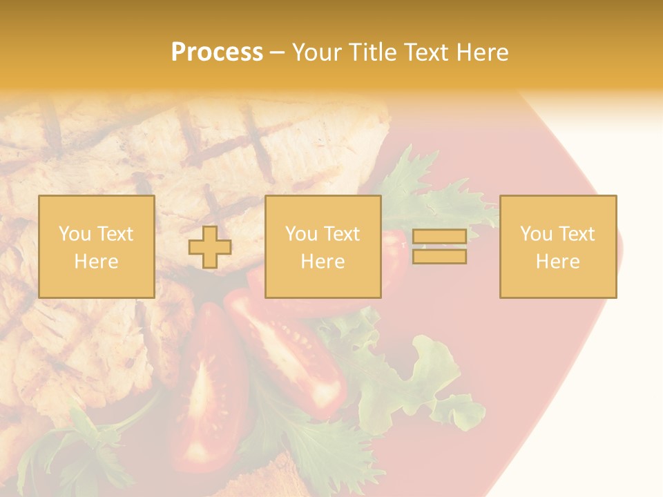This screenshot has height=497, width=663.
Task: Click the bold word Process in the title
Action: tap(217, 52)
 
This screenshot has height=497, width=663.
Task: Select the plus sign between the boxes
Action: tap(210, 247)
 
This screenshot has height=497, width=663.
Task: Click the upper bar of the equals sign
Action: tap(439, 237)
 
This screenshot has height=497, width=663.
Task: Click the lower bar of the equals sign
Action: tap(439, 257)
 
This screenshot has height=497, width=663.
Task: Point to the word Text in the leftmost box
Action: tap(114, 234)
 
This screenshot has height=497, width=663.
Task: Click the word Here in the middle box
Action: tap(323, 262)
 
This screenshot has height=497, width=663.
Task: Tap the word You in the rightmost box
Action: tap(536, 234)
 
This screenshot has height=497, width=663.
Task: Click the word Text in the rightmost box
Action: tap(575, 234)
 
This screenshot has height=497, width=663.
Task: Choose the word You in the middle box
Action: tap(301, 234)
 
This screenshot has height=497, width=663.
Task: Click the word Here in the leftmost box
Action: tap(96, 262)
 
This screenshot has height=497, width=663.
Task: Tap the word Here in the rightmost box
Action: tap(557, 262)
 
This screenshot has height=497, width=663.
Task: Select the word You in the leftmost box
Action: tap(75, 234)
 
